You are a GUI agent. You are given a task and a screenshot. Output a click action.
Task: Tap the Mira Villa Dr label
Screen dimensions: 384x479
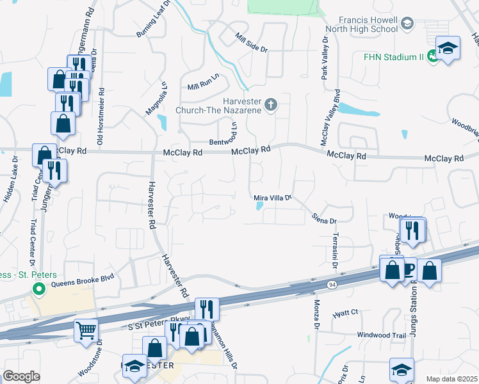point(273,198)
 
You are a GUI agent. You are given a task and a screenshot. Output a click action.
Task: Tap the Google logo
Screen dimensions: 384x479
point(22,376)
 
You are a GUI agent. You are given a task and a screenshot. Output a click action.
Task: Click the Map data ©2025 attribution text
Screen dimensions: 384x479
point(451,379)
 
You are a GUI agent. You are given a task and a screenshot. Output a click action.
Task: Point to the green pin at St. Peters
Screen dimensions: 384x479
point(38,290)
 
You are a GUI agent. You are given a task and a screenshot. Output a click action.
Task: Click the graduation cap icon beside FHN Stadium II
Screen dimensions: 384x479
point(448,48)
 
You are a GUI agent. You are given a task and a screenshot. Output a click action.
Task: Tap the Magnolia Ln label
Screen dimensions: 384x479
point(156,98)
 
